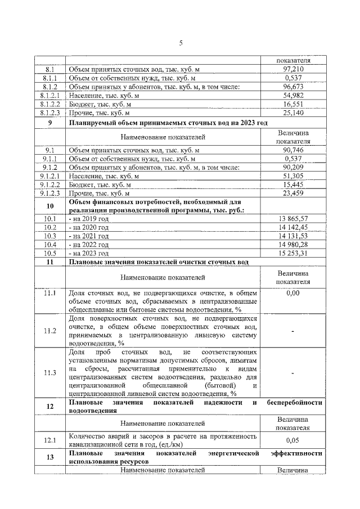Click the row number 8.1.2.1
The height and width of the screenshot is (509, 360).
click(x=49, y=96)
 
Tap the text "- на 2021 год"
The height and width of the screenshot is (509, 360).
click(x=88, y=236)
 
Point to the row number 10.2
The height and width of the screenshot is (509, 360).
click(x=49, y=227)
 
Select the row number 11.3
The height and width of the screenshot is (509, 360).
click(x=49, y=372)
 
